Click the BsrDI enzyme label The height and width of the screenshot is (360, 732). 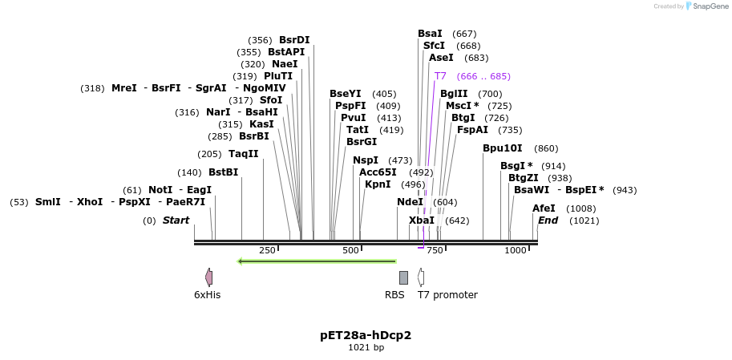[x=294, y=40]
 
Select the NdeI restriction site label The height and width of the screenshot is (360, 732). [x=410, y=202]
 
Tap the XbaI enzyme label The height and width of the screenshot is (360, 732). [x=422, y=220]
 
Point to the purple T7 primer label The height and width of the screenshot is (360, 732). [x=440, y=76]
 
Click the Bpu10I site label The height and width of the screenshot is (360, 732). [x=503, y=148]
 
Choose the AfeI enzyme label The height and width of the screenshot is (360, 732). [x=544, y=208]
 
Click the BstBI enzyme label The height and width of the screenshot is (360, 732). [x=223, y=172]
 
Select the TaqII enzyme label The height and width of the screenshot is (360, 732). [x=244, y=154]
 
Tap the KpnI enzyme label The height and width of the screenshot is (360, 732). [x=378, y=184]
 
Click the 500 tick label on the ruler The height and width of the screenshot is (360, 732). [x=350, y=251]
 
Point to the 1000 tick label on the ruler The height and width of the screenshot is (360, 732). [x=516, y=251]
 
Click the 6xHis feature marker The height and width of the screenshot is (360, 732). [x=209, y=277]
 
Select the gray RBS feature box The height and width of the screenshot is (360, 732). [x=403, y=277]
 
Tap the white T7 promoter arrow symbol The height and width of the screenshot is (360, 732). [x=421, y=277]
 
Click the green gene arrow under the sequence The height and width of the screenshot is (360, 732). [x=317, y=261]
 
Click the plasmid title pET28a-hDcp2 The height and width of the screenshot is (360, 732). [x=366, y=334]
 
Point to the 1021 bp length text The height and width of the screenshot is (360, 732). [x=366, y=348]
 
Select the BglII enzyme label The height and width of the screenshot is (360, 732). [x=454, y=94]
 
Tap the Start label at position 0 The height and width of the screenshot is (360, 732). [x=176, y=220]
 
